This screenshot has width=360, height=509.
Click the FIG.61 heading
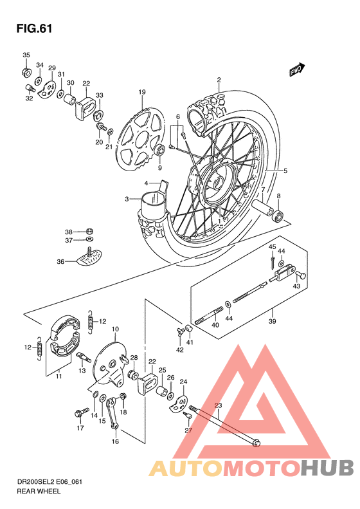pyautogui.click(x=33, y=29)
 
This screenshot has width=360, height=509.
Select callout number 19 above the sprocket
pyautogui.click(x=141, y=92)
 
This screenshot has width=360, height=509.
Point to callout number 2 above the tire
pyautogui.click(x=219, y=80)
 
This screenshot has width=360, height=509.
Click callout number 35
pyautogui.click(x=26, y=55)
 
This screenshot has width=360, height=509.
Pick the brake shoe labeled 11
pyautogui.click(x=62, y=335)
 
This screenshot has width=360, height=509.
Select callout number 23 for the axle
pyautogui.click(x=217, y=405)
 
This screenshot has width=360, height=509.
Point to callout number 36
pyautogui.click(x=60, y=262)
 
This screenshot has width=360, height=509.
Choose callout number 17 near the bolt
pyautogui.click(x=80, y=428)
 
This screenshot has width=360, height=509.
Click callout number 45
pyautogui.click(x=272, y=248)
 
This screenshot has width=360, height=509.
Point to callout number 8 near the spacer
pyautogui.click(x=278, y=196)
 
